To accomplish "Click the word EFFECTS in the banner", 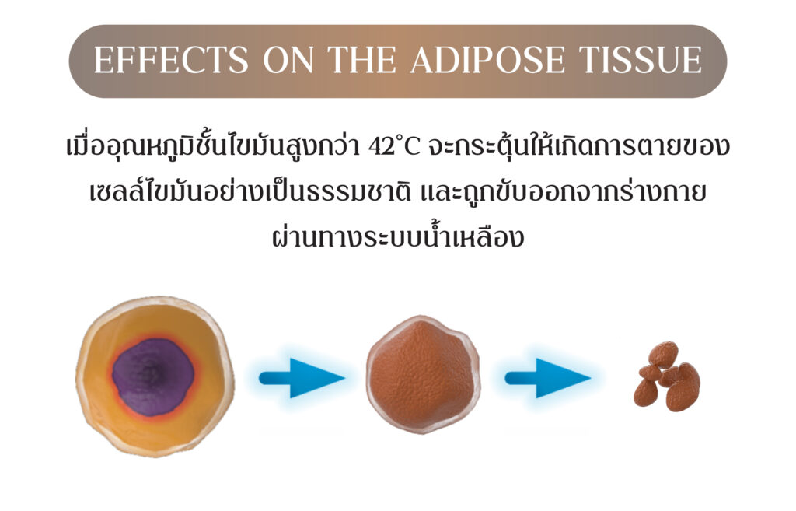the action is coord(171,60).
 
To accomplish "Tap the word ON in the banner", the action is coord(290,60).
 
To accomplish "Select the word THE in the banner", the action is coord(362,60).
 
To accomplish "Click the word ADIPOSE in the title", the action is coord(488,60).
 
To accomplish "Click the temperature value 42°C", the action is coord(394,147).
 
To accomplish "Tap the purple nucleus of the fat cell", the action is coord(153,377).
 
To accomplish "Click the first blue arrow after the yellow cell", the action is coord(302,378).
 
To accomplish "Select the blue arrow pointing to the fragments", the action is coord(548,378).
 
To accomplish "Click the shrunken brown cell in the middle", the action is coord(423,374).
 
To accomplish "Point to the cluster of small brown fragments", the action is coord(666,376).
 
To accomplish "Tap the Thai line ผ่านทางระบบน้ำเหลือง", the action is coord(398,236).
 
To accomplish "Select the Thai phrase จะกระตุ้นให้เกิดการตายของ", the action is coord(578,146).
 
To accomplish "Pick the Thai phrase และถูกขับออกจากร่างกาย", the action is coord(564,192).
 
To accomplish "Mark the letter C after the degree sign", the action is coord(412,147).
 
